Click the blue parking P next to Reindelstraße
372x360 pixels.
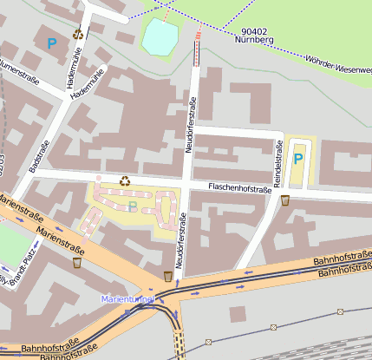pos(298,159)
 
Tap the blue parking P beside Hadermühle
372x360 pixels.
pos(52,42)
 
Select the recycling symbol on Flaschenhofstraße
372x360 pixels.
pos(125,181)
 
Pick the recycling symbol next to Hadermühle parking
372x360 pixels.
pos(78,35)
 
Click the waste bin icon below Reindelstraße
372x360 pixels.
pos(285,200)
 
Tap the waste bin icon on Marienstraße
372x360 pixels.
pos(77,262)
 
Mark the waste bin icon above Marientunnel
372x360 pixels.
pos(167,276)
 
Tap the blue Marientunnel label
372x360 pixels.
pos(127,298)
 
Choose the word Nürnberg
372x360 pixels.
pos(254,40)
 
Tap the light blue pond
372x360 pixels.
pos(160,37)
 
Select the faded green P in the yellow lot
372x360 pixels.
pos(133,206)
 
